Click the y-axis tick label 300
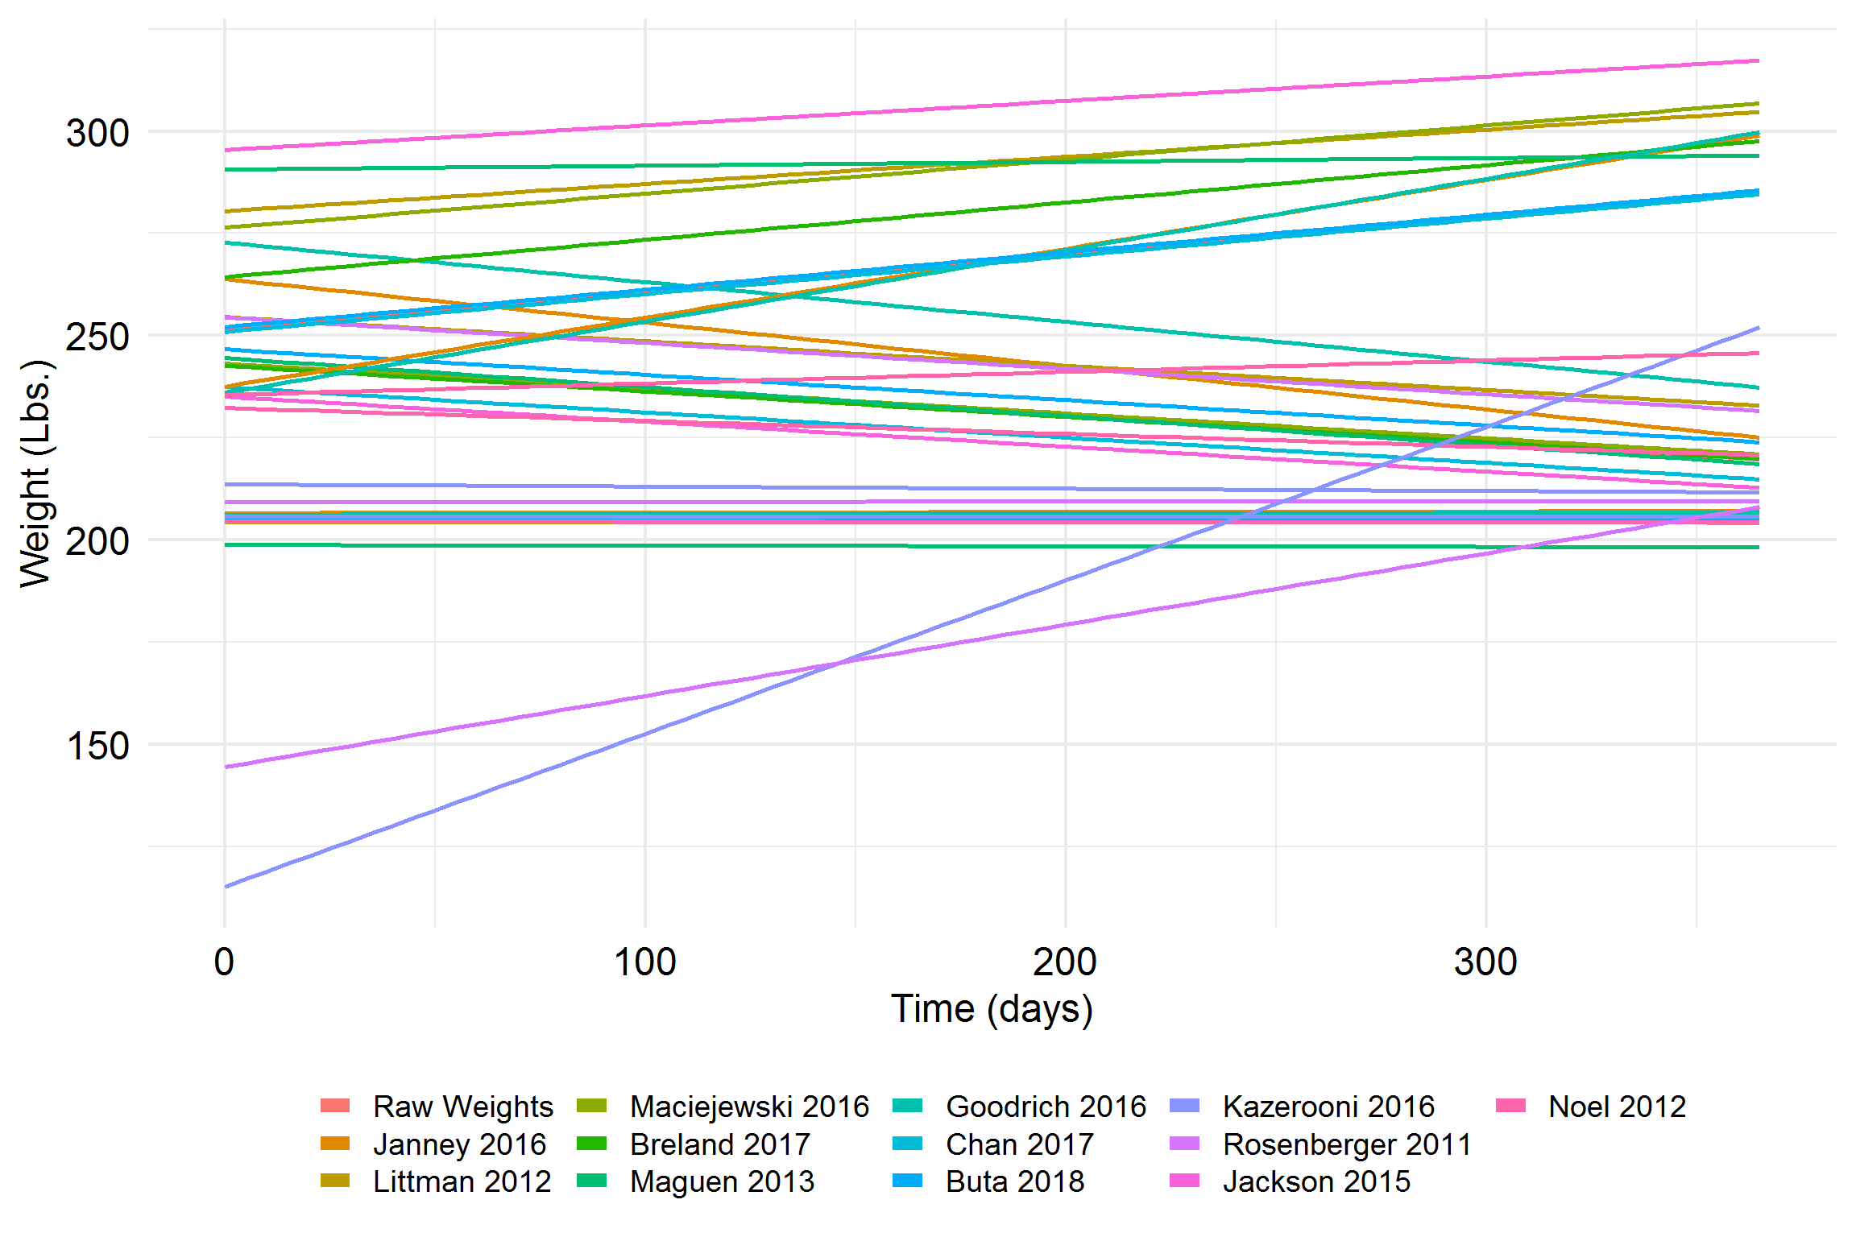97,133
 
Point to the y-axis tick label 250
97,337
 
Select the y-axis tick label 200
97,542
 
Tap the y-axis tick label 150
97,747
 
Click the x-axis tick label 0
224,962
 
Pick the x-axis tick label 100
644,962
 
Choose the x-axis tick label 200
1065,962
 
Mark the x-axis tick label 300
1485,962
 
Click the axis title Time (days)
992,1009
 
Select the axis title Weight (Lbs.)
36,474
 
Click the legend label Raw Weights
463,1107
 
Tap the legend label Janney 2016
459,1144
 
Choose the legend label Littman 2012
462,1182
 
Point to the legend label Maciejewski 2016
749,1107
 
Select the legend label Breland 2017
719,1144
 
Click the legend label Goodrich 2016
1046,1107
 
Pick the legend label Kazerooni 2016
1328,1107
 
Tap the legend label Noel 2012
1617,1107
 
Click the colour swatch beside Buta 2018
908,1181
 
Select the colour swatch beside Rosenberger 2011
1185,1144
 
